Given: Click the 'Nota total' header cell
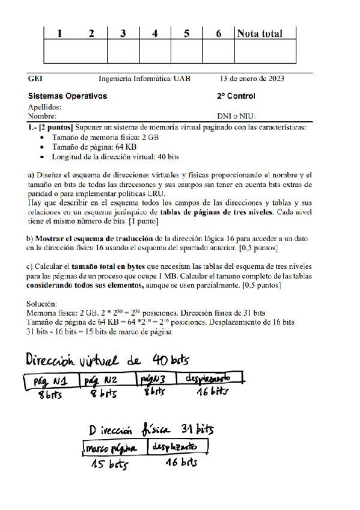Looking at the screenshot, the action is pos(259,34).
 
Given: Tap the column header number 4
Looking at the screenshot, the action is pos(155,34).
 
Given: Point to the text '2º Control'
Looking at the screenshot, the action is pos(236,96).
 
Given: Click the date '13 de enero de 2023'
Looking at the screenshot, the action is pos(252,79).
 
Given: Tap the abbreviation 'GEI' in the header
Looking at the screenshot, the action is pos(35,79).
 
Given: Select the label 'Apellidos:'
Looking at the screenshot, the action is pos(44,107).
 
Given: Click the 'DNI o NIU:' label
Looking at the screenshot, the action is pos(236,116).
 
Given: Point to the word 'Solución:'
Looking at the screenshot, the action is pos(43,304).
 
